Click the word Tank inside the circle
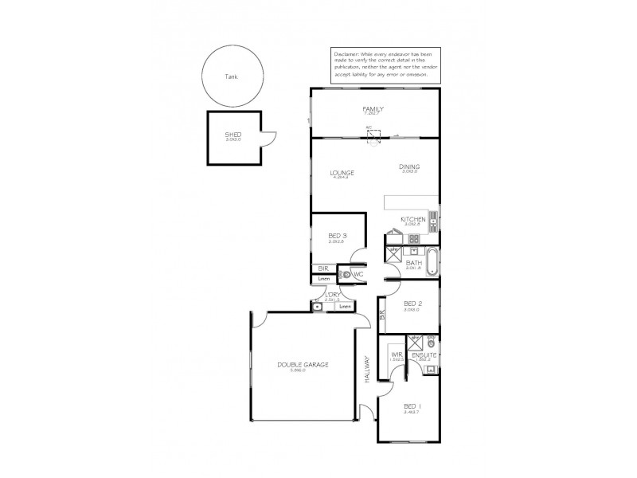231,77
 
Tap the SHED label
233,135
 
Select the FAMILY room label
373,108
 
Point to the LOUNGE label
342,173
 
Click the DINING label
409,167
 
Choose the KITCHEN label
413,219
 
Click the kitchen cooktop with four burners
412,237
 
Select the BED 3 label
337,236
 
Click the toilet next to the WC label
346,275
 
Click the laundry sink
318,306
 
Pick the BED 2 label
412,304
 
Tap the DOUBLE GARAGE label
303,365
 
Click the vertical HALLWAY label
368,370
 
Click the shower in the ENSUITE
416,343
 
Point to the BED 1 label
412,406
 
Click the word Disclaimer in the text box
347,52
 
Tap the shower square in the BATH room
394,255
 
